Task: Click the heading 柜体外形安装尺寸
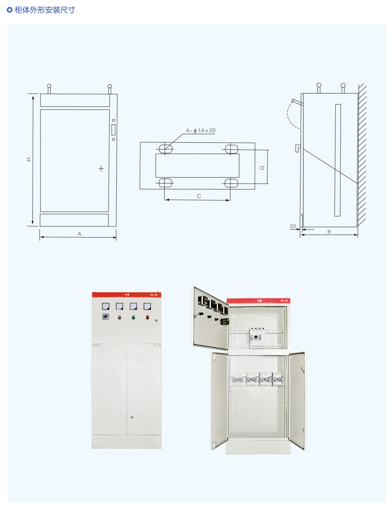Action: (x=44, y=10)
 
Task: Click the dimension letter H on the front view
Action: (x=29, y=160)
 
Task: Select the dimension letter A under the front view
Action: (x=79, y=234)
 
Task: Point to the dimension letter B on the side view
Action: (x=329, y=232)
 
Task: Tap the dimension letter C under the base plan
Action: (x=199, y=196)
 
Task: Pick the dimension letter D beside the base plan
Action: (x=262, y=168)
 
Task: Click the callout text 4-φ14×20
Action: (x=201, y=131)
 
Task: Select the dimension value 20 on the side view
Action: (x=293, y=226)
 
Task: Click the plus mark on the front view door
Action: (x=101, y=168)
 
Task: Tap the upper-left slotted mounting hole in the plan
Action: (x=165, y=148)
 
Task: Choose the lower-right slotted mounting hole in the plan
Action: (x=231, y=182)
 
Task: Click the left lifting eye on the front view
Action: (x=49, y=86)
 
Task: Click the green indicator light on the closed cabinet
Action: (x=133, y=317)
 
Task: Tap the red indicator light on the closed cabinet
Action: (x=147, y=317)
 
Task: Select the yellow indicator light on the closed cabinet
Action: (x=119, y=317)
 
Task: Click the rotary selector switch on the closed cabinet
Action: (x=105, y=317)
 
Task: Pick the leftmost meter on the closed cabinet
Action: (x=105, y=306)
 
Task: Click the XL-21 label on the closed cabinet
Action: (x=154, y=295)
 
